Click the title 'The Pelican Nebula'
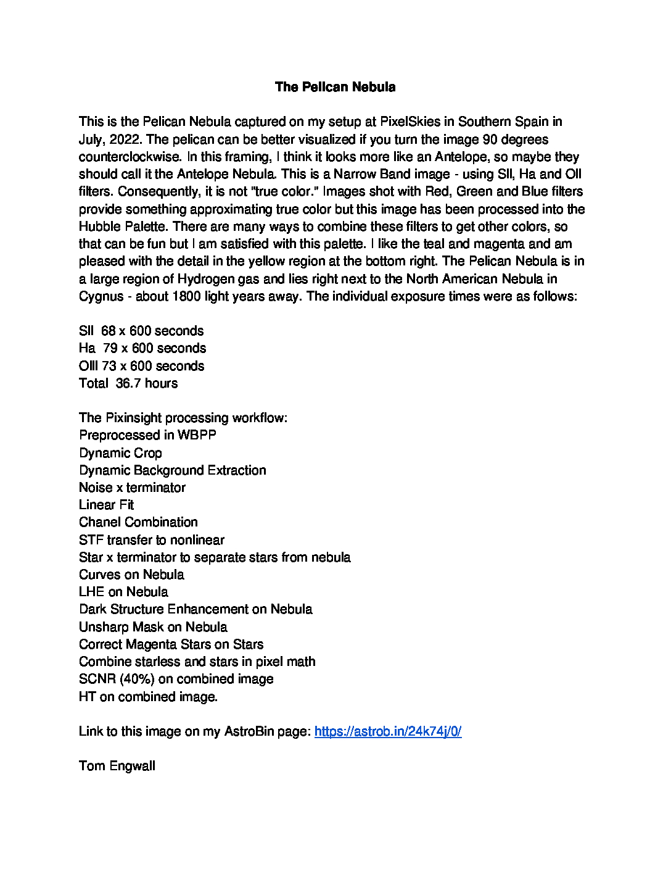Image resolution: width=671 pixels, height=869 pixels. click(x=335, y=87)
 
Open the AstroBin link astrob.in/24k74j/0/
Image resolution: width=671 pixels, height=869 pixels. click(x=388, y=731)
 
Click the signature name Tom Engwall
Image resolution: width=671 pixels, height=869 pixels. click(x=117, y=766)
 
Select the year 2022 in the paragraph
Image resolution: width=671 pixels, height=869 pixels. click(x=125, y=139)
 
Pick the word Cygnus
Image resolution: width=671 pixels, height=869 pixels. click(x=101, y=296)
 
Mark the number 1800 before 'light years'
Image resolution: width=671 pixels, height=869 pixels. click(x=187, y=296)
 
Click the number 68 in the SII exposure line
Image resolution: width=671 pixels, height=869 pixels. click(x=109, y=331)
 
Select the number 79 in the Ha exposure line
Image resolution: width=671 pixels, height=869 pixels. click(x=110, y=348)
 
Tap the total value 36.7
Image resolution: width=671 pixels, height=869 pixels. click(x=128, y=383)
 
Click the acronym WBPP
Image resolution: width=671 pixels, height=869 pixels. click(x=197, y=435)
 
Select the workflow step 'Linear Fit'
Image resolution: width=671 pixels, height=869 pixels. click(x=106, y=505)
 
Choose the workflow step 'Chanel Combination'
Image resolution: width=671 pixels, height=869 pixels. click(x=138, y=522)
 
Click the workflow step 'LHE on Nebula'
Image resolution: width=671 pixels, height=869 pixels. click(x=123, y=592)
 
